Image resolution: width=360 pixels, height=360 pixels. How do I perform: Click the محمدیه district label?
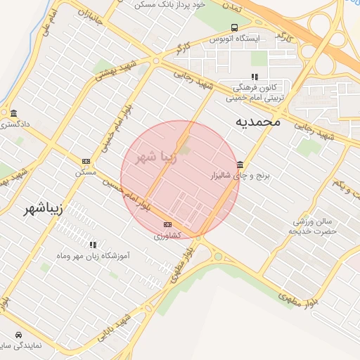tap(257, 122)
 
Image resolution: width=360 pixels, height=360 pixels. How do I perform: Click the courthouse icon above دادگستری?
tap(13, 114)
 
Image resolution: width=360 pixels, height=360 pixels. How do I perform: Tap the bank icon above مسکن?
tap(86, 161)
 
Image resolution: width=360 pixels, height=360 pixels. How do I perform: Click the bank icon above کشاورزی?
tap(167, 224)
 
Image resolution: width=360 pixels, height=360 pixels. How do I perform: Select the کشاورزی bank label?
tap(167, 235)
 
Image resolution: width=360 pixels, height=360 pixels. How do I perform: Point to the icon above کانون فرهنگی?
tap(254, 77)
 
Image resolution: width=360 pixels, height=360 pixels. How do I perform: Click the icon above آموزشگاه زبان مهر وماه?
tap(92, 245)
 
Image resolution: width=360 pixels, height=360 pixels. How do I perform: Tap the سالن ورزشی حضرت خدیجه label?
tap(314, 226)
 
